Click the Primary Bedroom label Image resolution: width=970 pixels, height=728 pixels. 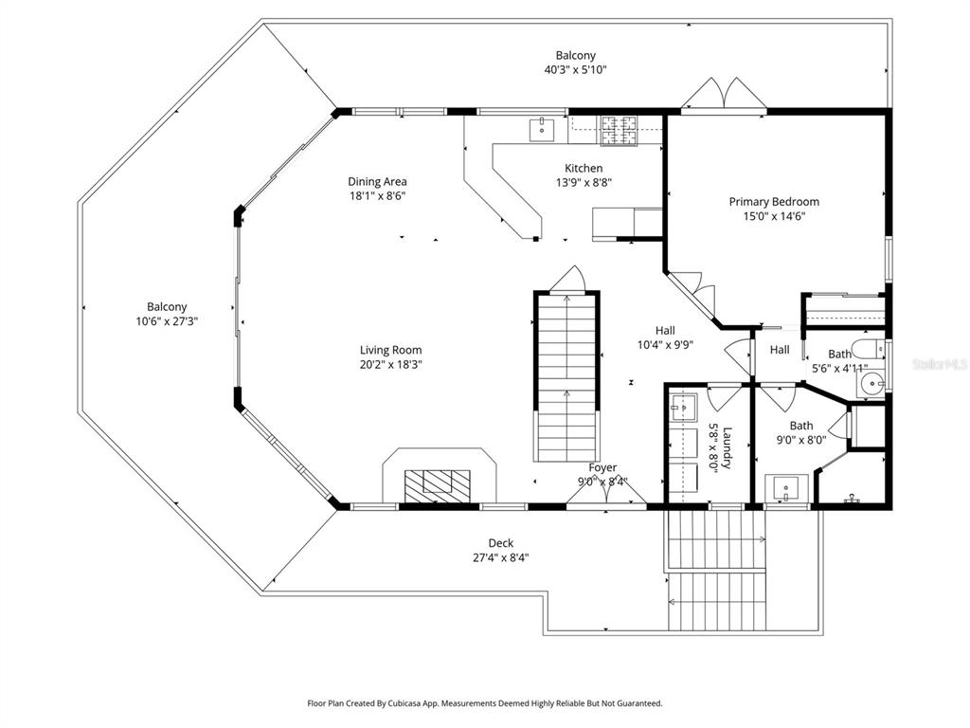[x=774, y=202]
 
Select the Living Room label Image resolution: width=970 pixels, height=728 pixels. [x=390, y=350]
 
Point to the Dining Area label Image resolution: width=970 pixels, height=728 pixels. [x=377, y=181]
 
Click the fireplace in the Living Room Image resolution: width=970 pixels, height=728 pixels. [x=438, y=484]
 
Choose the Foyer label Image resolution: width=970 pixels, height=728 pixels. [x=602, y=467]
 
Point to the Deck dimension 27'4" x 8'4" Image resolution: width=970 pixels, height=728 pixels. [x=501, y=557]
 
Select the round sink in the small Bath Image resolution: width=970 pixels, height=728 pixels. [x=871, y=384]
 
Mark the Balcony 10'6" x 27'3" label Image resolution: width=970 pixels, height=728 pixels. [x=167, y=307]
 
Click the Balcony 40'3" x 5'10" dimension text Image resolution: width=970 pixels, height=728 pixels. [x=575, y=69]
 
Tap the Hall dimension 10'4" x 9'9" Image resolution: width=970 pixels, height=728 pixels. [x=665, y=345]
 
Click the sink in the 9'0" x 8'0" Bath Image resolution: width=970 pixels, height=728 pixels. [x=785, y=488]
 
